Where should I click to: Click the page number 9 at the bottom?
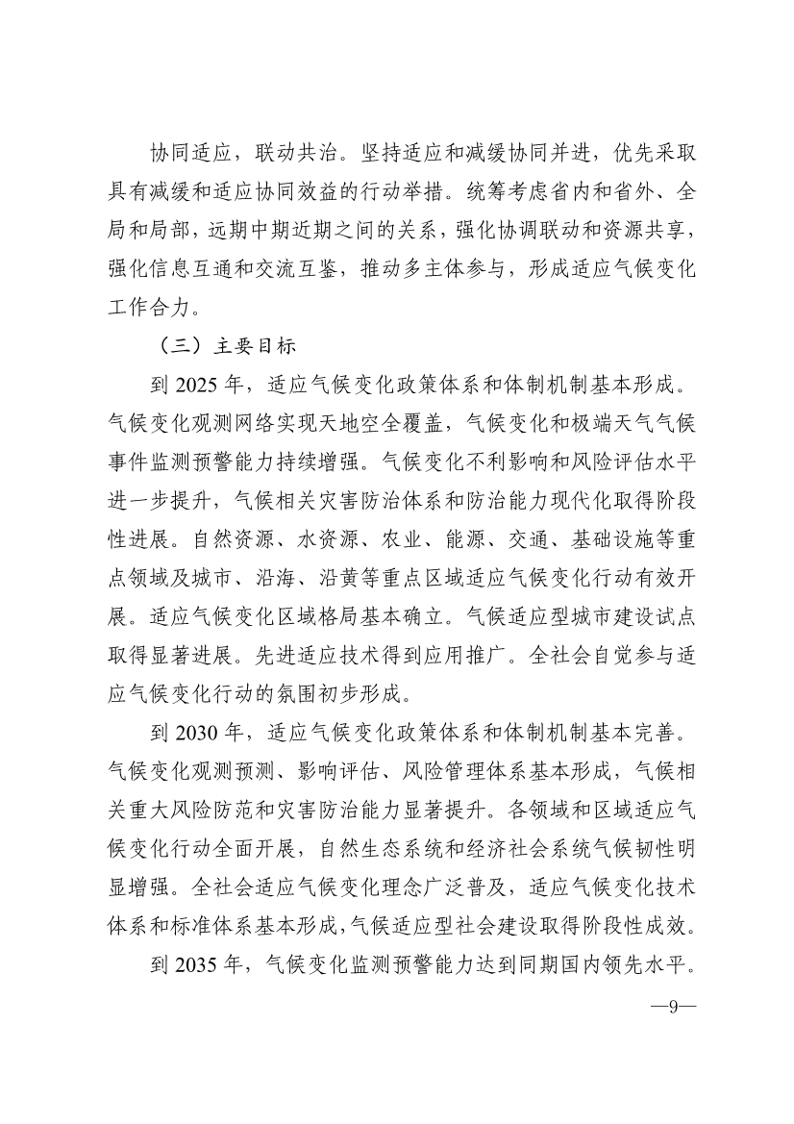coord(673,1008)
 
